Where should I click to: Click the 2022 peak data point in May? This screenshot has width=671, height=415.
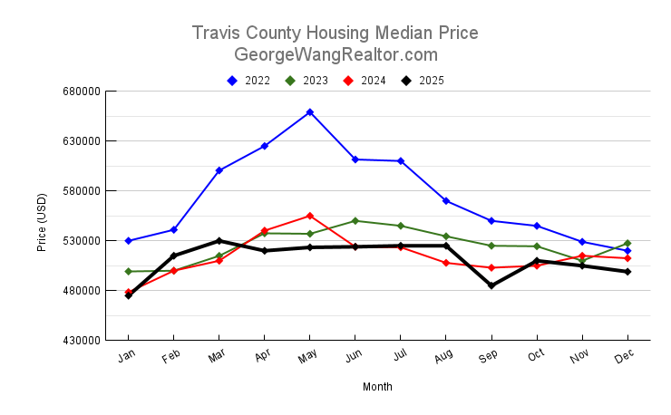(310, 112)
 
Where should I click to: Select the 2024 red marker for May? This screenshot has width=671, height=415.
(310, 216)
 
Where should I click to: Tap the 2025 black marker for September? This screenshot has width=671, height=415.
(491, 285)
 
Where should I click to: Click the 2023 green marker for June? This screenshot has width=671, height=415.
(355, 221)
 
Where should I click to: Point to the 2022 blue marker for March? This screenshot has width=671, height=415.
(219, 170)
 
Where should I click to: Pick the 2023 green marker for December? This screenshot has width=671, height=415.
(627, 243)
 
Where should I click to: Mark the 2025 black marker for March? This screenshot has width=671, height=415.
(219, 241)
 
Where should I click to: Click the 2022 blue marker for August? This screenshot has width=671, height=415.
(446, 200)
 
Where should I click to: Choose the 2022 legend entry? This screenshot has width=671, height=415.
(248, 81)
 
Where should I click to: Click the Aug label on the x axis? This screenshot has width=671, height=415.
(444, 357)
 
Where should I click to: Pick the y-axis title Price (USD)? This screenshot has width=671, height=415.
(42, 223)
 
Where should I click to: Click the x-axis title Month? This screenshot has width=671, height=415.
(377, 387)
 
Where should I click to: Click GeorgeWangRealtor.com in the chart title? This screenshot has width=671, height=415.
(335, 54)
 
